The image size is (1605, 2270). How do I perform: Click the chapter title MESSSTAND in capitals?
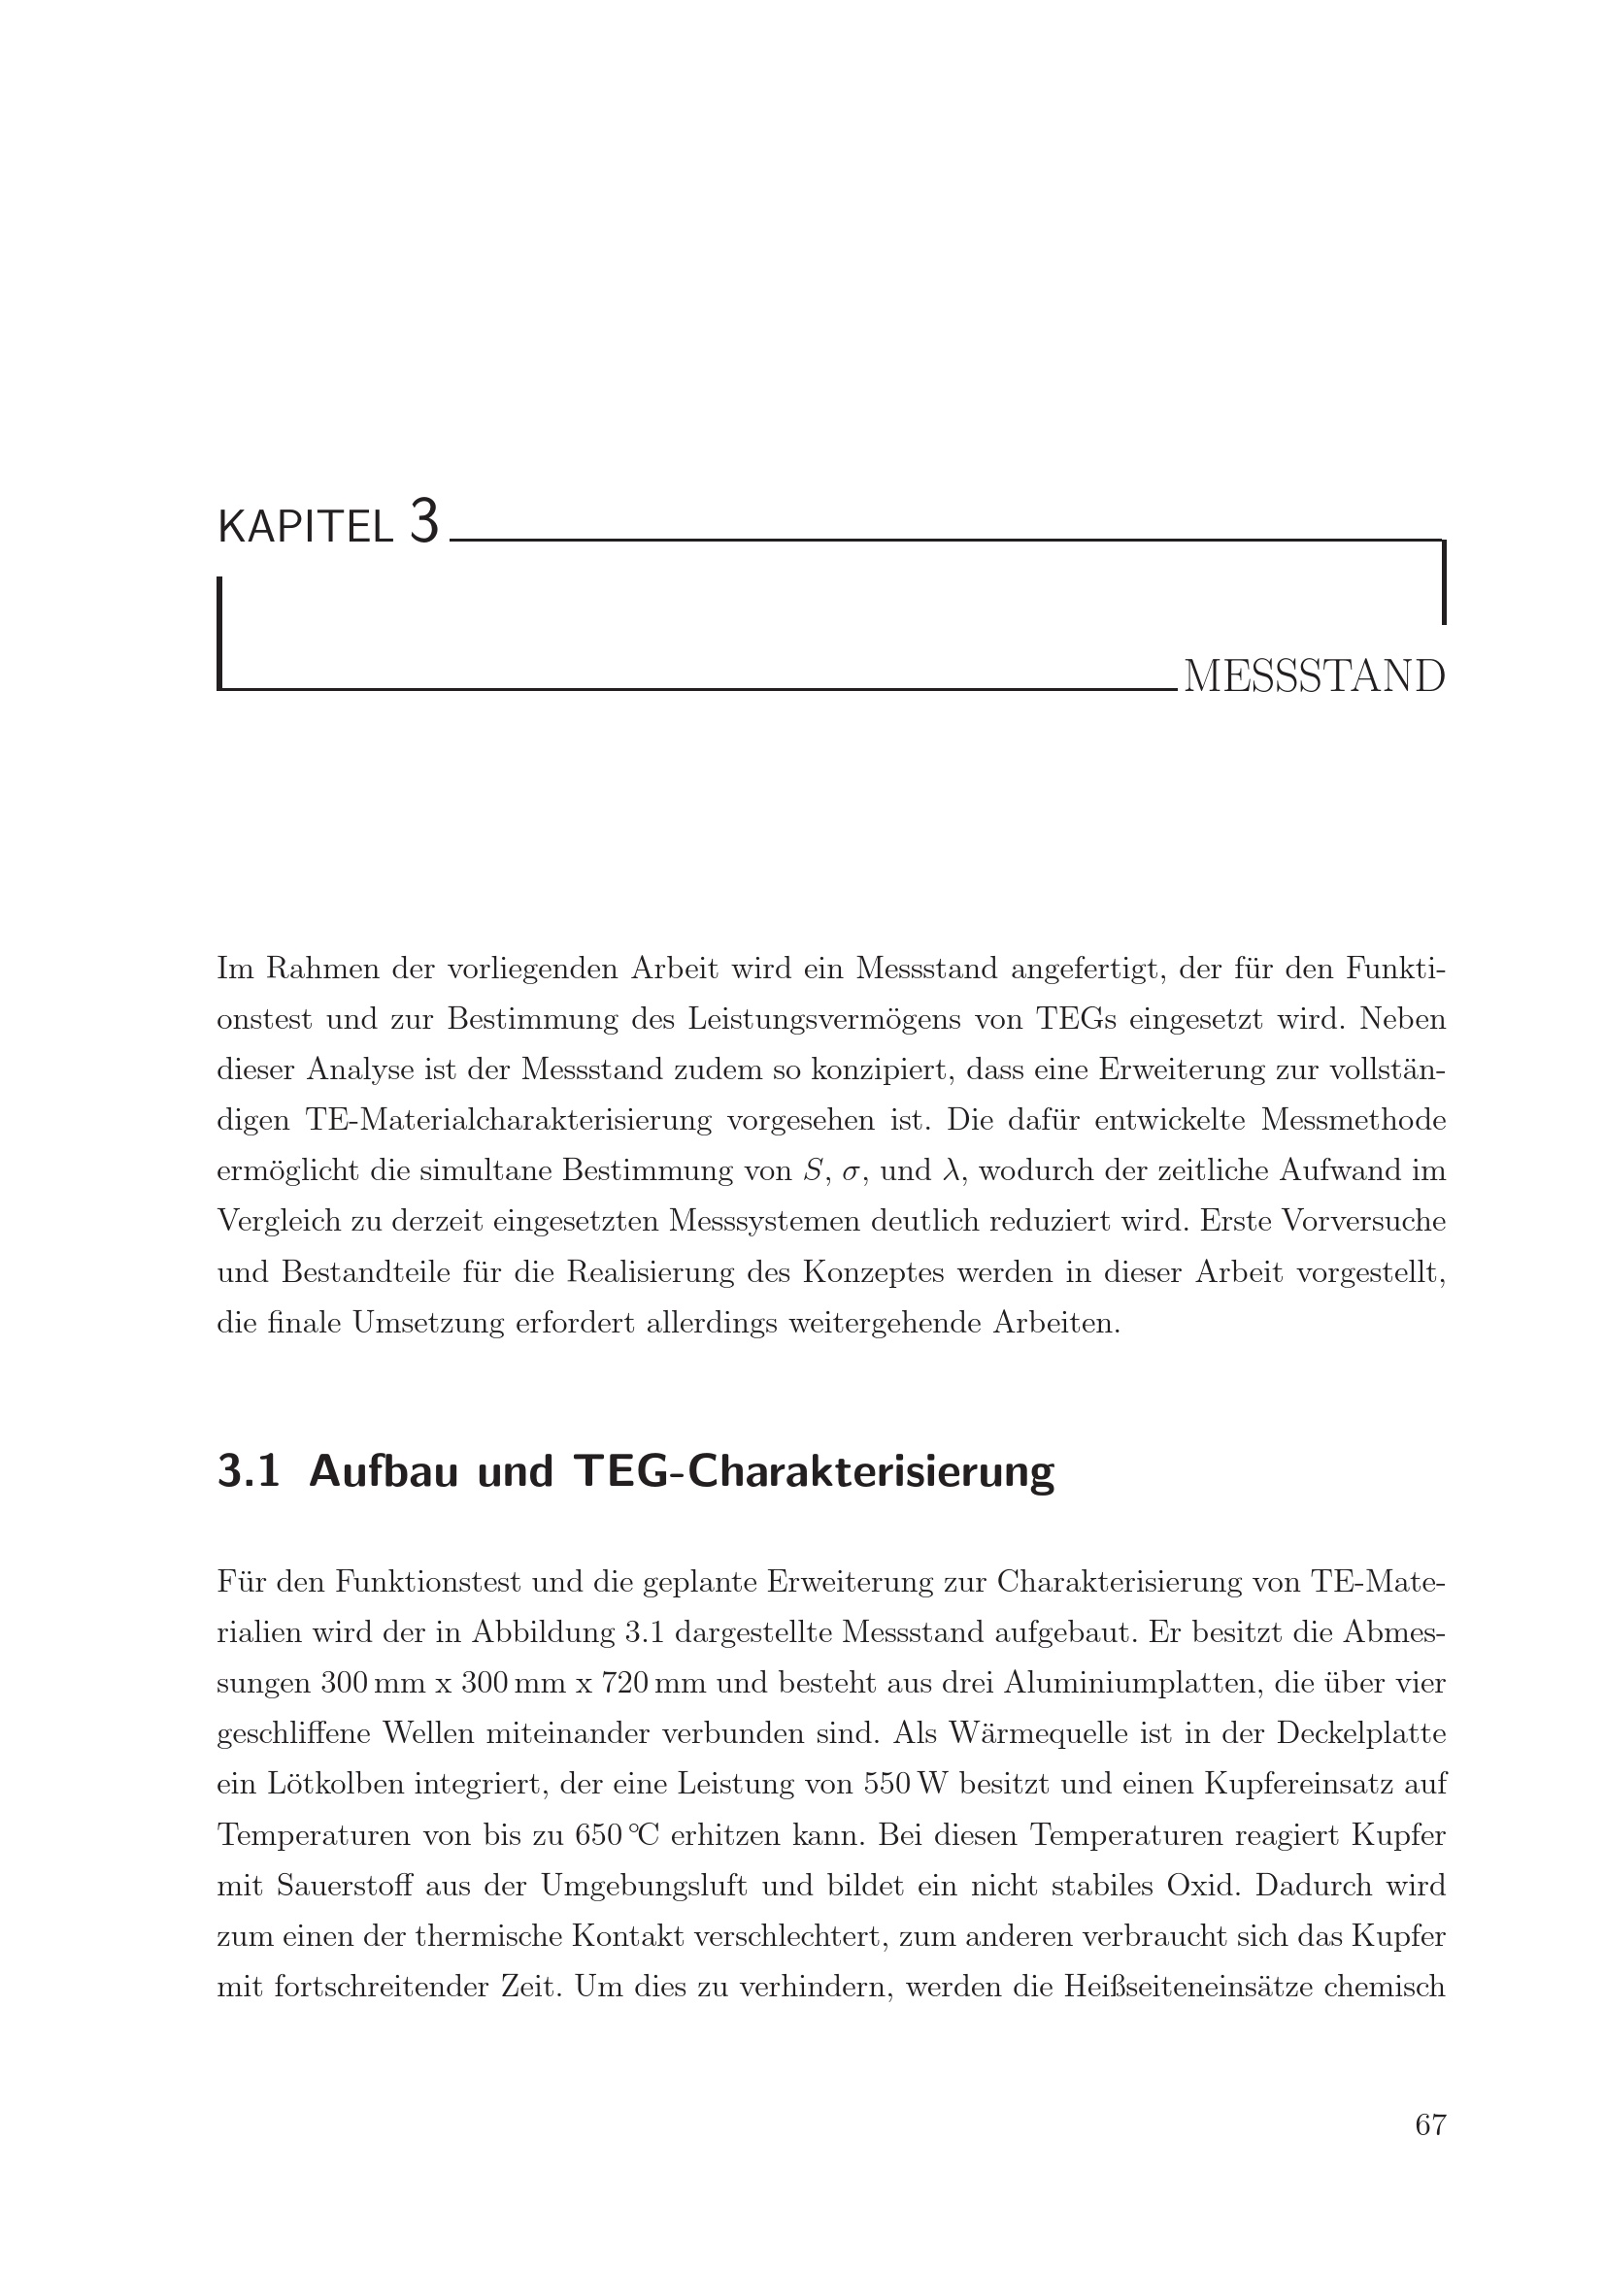pyautogui.click(x=1314, y=677)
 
